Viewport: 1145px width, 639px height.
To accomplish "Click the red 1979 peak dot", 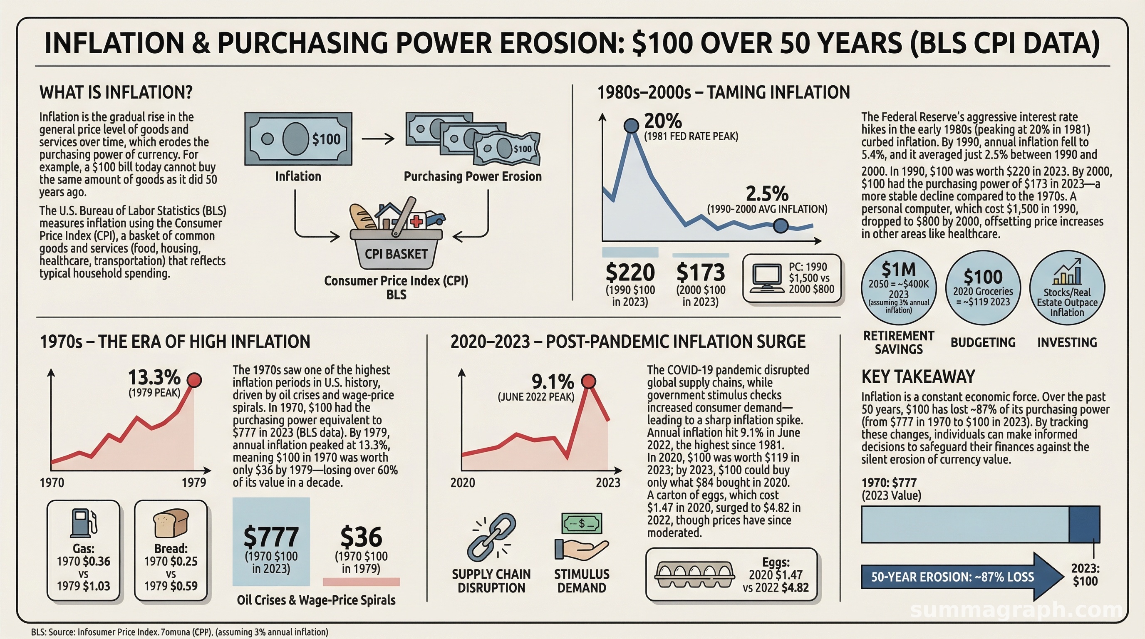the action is pyautogui.click(x=194, y=380).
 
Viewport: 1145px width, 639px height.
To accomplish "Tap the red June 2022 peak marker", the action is pyautogui.click(x=588, y=381).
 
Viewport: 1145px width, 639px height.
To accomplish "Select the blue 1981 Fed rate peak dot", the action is pyautogui.click(x=631, y=126).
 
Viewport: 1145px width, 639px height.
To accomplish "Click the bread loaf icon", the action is pyautogui.click(x=171, y=523).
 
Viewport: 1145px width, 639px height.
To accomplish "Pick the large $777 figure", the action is pyautogui.click(x=271, y=537).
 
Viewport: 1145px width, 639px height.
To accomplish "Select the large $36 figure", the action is pyautogui.click(x=361, y=537).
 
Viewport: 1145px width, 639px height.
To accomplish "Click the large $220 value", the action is pyautogui.click(x=630, y=272).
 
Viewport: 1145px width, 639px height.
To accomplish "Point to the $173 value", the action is pyautogui.click(x=701, y=272).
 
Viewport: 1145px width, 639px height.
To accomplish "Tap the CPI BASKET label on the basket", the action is pyautogui.click(x=396, y=254).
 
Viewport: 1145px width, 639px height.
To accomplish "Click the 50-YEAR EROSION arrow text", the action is pyautogui.click(x=952, y=577).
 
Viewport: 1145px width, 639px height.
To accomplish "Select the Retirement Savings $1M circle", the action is pyautogui.click(x=899, y=288).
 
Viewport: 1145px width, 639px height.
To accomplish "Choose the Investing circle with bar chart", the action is pyautogui.click(x=1067, y=288).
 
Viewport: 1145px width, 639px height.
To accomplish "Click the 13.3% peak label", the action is pyautogui.click(x=154, y=377).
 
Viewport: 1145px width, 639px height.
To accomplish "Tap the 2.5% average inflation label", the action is pyautogui.click(x=767, y=194).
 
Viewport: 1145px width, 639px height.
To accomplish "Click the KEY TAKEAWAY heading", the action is pyautogui.click(x=918, y=376).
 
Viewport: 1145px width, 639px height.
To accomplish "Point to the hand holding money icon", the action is pyautogui.click(x=581, y=536).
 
